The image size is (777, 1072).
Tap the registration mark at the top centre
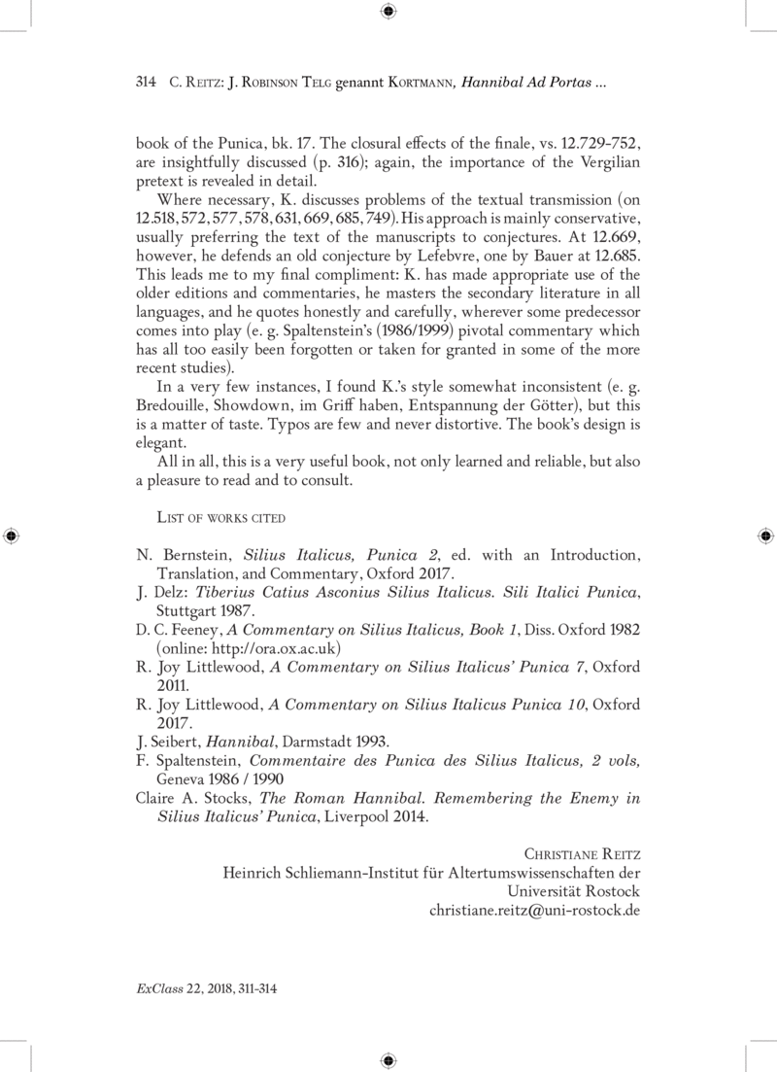coord(388,12)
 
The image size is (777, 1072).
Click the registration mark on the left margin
coord(12,536)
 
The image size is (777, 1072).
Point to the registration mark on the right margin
coord(764,536)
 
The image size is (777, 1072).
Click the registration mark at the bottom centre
coord(388,1059)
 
